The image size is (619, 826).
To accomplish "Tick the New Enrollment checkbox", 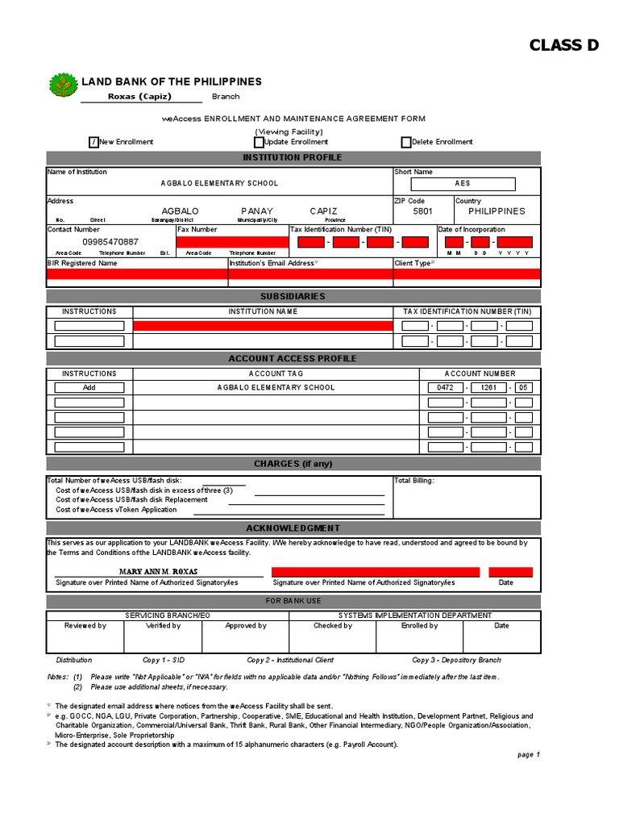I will tap(94, 142).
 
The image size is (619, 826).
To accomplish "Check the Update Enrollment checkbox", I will tap(258, 142).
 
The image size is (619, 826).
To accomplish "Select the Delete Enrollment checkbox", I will tap(405, 142).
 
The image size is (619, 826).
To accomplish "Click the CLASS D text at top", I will tap(564, 45).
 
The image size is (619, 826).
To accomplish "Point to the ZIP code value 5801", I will tap(422, 211).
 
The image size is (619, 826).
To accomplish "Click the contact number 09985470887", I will tap(110, 242).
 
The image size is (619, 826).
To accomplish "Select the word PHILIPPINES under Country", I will tap(496, 211).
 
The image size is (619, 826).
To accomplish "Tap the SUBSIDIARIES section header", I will tap(293, 297).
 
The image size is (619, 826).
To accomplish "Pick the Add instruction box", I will tap(89, 388).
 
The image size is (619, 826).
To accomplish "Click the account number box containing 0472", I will tap(446, 388).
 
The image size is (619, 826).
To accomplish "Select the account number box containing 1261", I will tap(488, 388).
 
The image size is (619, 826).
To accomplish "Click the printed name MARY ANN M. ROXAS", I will tap(158, 572).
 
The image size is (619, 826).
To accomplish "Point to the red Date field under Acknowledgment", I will tap(505, 572).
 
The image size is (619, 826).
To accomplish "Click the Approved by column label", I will tap(246, 626).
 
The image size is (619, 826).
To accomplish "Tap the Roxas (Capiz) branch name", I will tap(140, 97).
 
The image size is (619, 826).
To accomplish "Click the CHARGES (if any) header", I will tap(293, 464).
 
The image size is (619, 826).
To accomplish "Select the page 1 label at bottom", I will tap(528, 755).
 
